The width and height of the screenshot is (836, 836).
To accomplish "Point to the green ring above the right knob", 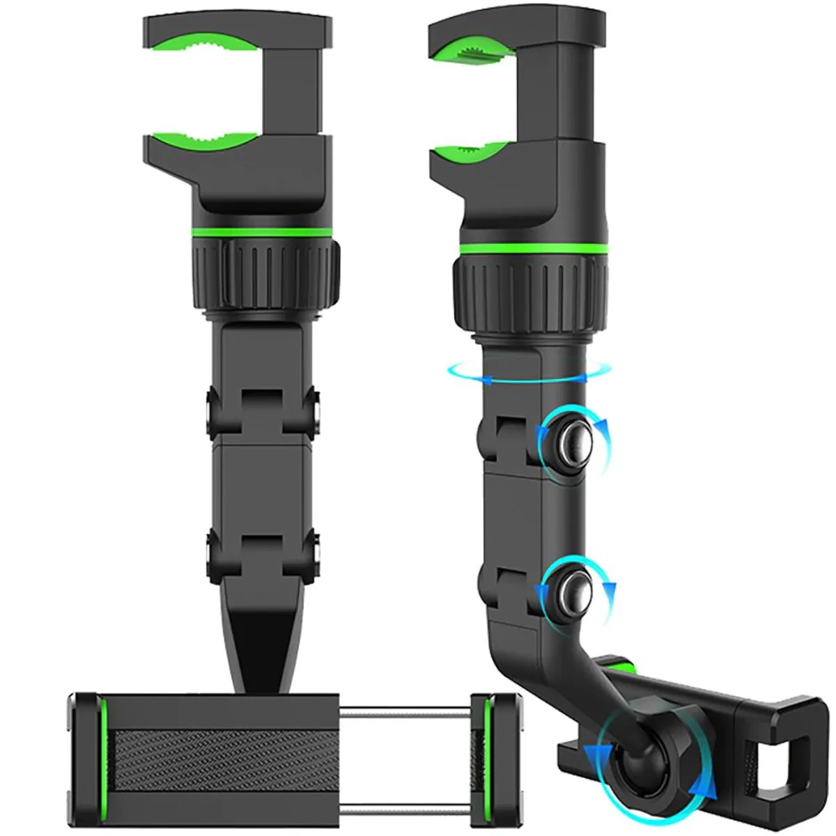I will pos(532,247).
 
